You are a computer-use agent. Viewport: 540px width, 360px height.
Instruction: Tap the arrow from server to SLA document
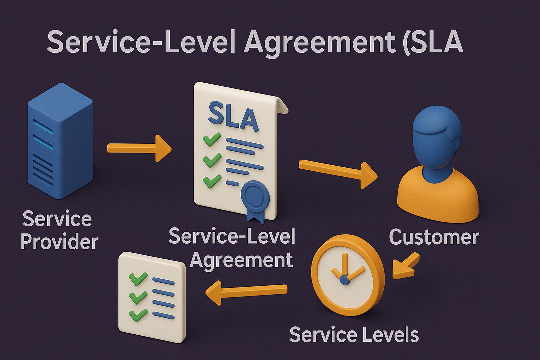(x=138, y=148)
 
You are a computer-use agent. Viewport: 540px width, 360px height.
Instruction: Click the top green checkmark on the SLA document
(x=212, y=139)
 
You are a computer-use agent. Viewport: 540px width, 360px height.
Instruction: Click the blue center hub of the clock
(x=344, y=280)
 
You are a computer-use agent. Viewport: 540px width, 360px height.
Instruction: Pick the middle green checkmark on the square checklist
(x=138, y=297)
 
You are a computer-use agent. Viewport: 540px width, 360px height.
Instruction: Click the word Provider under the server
(x=59, y=242)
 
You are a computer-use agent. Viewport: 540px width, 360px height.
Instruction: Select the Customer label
(x=434, y=237)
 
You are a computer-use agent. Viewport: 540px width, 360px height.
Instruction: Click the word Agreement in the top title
(x=319, y=42)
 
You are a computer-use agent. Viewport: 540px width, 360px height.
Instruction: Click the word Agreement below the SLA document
(x=241, y=260)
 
